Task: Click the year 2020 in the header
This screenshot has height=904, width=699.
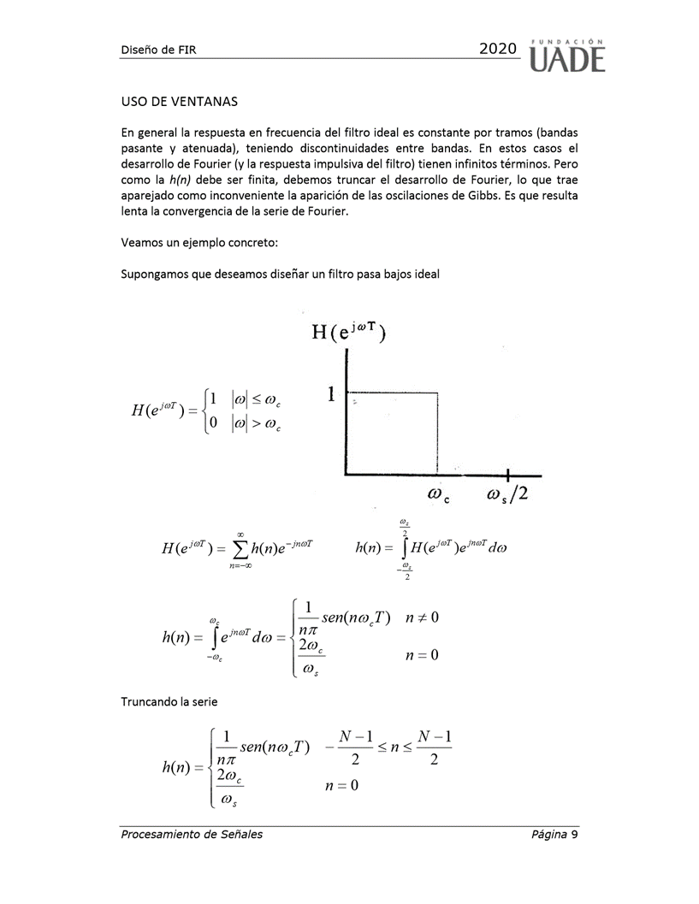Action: pos(499,50)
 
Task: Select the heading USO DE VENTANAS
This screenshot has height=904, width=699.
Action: pos(179,101)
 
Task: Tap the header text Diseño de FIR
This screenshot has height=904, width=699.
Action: pos(159,51)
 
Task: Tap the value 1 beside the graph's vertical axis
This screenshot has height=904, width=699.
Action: pos(332,393)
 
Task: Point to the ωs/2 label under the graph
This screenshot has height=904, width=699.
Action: pos(507,494)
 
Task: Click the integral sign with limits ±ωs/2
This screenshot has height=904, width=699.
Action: pos(401,548)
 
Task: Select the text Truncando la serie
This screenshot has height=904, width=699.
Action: pos(169,701)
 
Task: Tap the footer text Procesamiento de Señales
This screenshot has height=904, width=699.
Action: pos(192,834)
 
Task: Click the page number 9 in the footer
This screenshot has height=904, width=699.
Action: pos(575,834)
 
